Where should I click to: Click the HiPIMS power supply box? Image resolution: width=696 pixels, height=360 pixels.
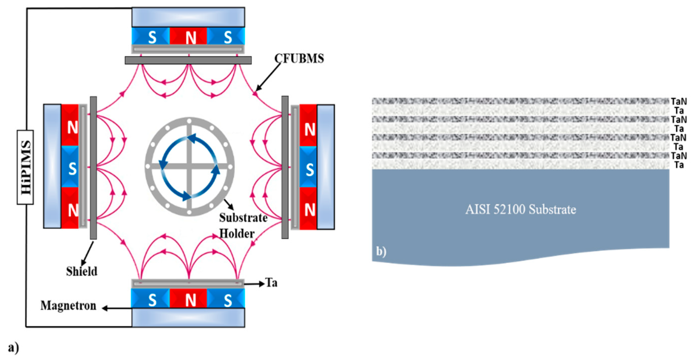tap(25, 167)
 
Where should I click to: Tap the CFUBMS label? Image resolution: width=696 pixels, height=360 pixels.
tap(299, 59)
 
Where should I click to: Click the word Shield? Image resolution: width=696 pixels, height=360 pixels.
tap(82, 271)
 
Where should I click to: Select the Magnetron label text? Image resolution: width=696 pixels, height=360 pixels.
tap(68, 306)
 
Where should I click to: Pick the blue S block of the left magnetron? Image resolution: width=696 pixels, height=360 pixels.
tap(70, 166)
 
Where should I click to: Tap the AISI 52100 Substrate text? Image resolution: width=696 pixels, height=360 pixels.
tap(520, 209)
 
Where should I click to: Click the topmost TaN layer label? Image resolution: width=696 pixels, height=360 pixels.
tap(679, 101)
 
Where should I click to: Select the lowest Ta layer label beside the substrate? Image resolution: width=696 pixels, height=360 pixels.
tap(679, 165)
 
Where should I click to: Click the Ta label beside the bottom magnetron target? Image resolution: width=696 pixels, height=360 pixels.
tap(271, 283)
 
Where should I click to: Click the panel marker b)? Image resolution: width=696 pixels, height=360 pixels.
tap(381, 251)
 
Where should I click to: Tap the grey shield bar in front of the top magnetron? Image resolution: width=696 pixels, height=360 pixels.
tap(188, 60)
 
